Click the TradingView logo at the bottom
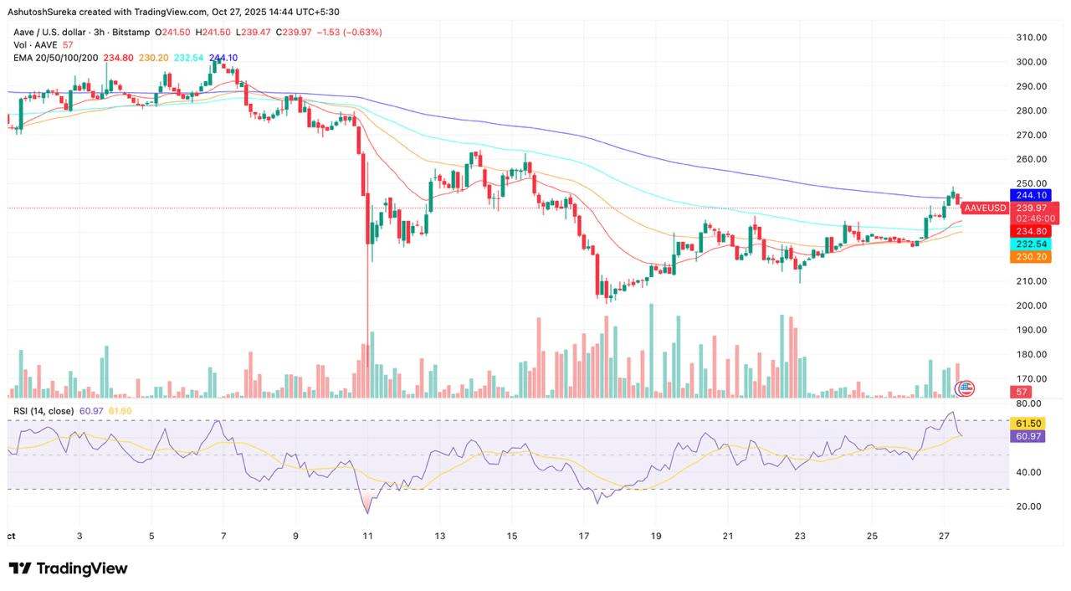(x=69, y=569)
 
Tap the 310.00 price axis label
(x=1031, y=38)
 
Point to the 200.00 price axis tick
(x=1031, y=306)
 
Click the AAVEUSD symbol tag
(x=985, y=208)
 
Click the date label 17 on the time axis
(x=584, y=535)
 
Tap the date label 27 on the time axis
(x=944, y=535)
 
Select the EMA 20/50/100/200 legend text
(x=55, y=58)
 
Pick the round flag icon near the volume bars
(x=966, y=388)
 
